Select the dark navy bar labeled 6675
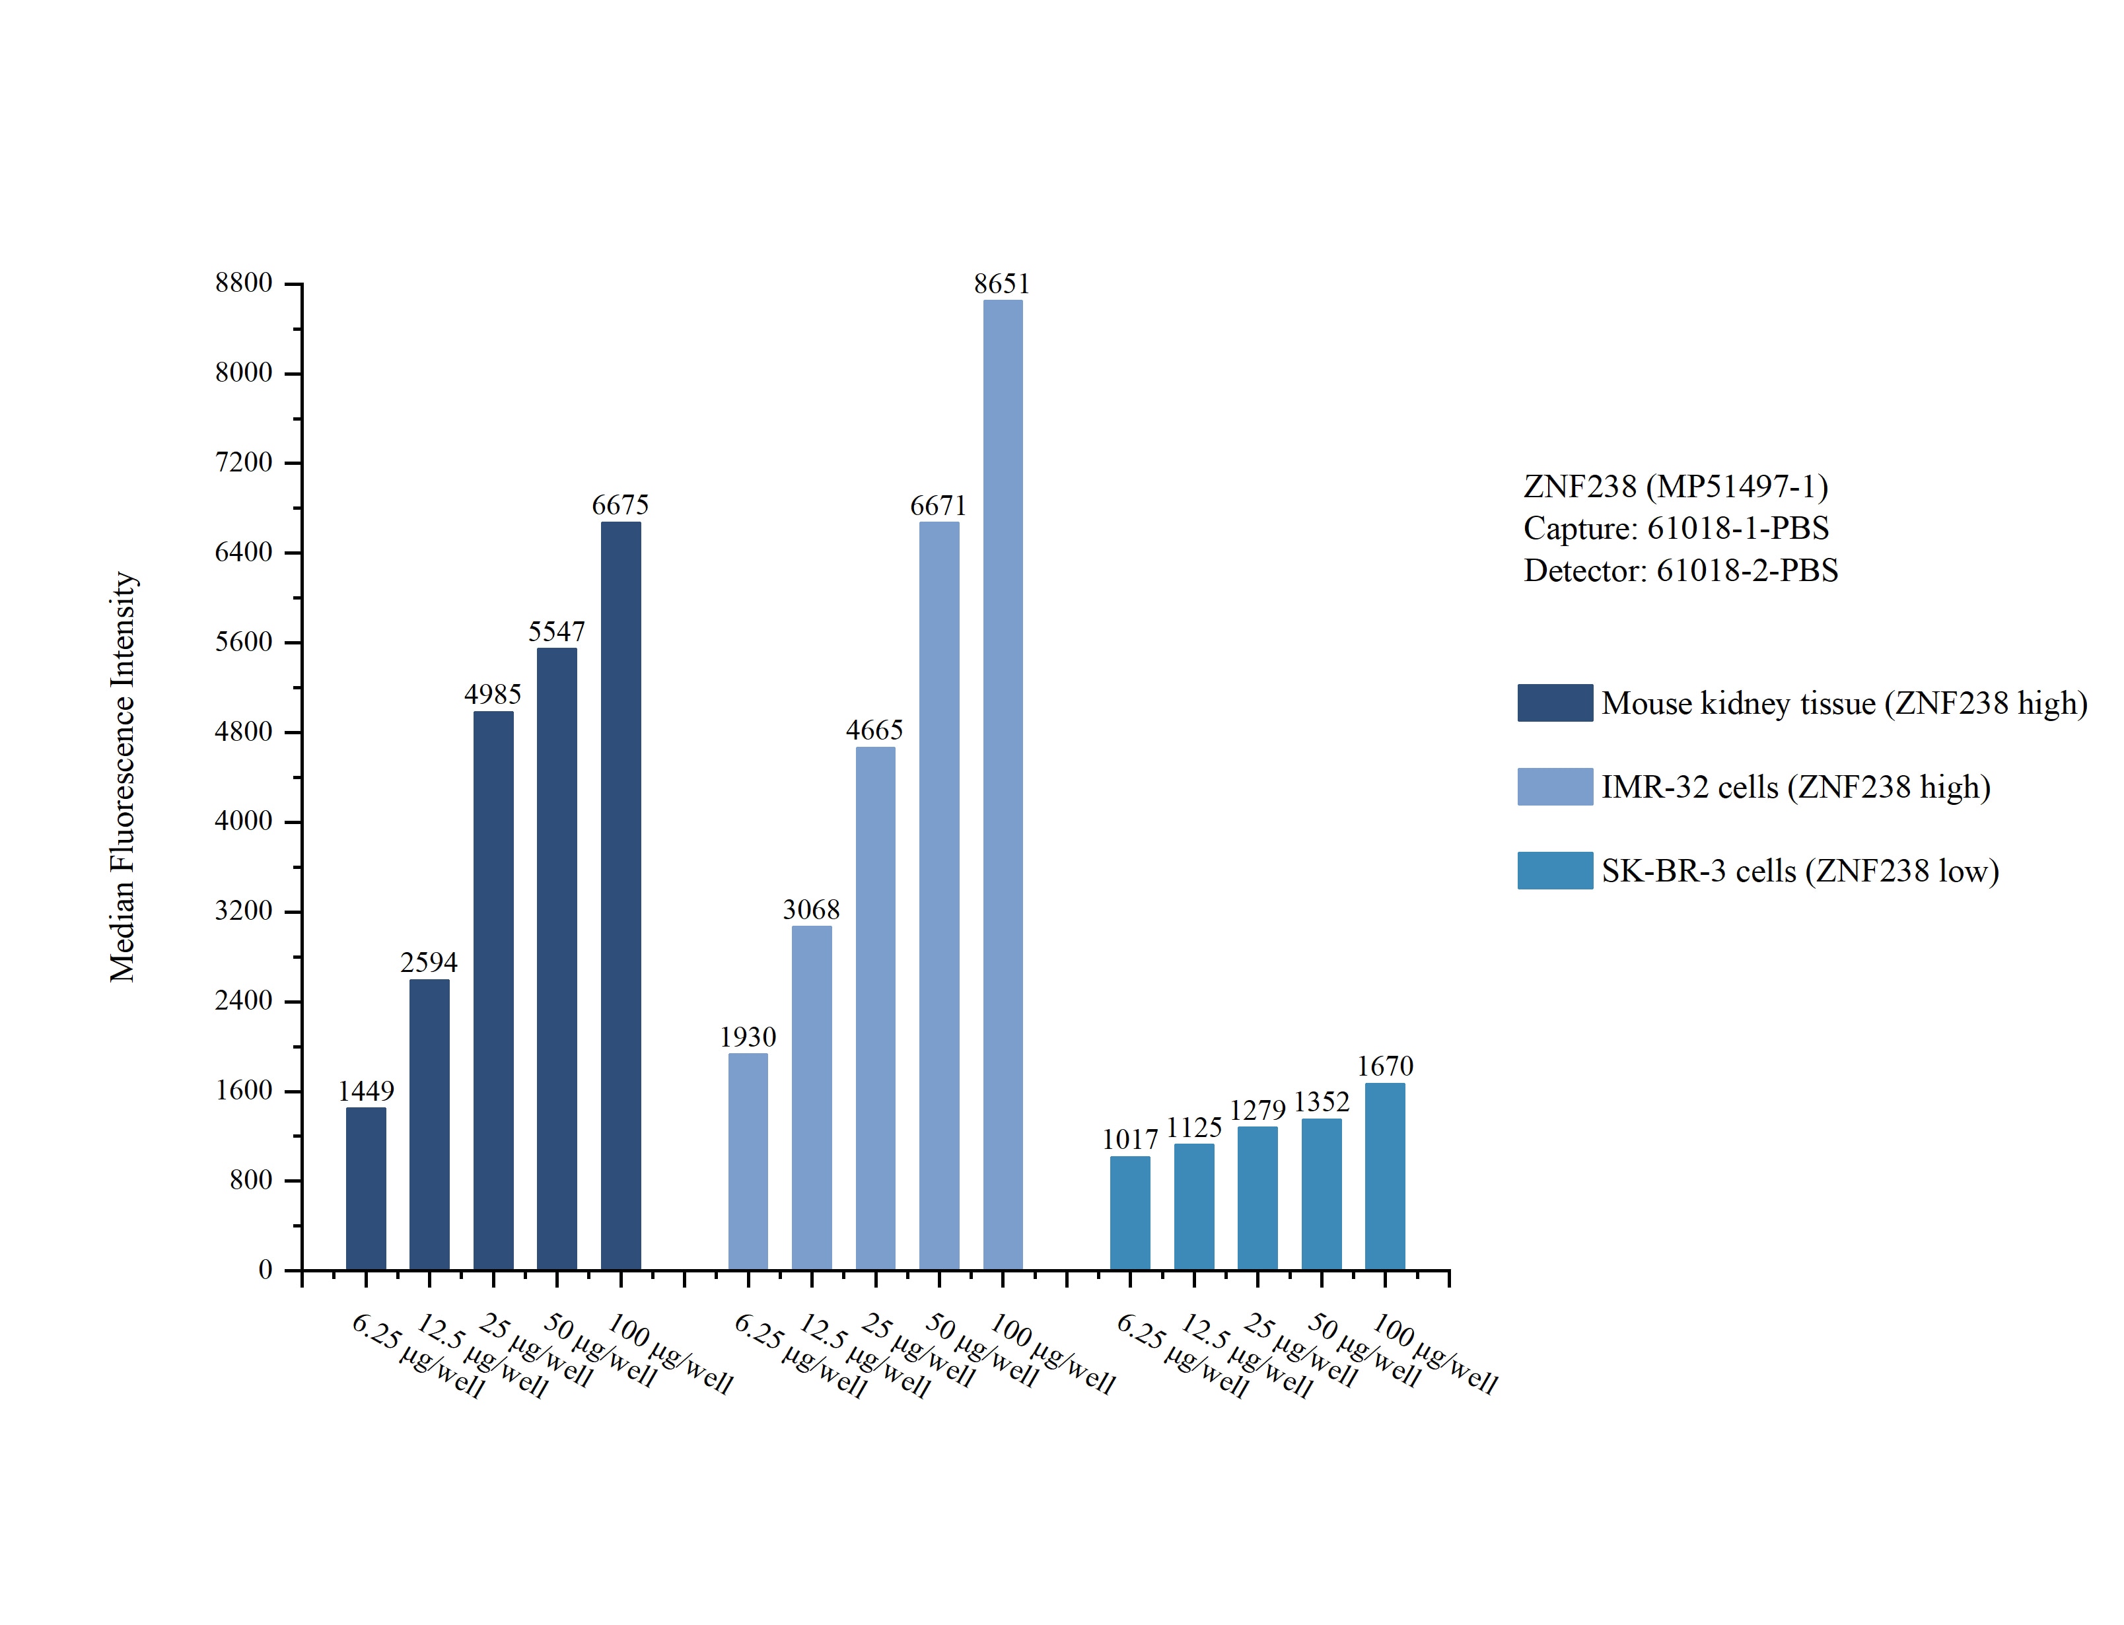pyautogui.click(x=620, y=895)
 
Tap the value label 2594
pyautogui.click(x=429, y=963)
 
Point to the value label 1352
pyautogui.click(x=1320, y=1101)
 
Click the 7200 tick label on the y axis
pyautogui.click(x=244, y=462)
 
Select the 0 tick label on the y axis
pyautogui.click(x=265, y=1270)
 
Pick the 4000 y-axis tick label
pyautogui.click(x=244, y=821)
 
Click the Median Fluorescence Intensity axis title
pyautogui.click(x=123, y=776)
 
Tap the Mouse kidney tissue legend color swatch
pyautogui.click(x=1554, y=703)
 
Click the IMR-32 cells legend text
pyautogui.click(x=1795, y=787)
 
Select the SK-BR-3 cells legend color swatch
pyautogui.click(x=1554, y=870)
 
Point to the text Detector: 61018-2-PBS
pyautogui.click(x=1680, y=570)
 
